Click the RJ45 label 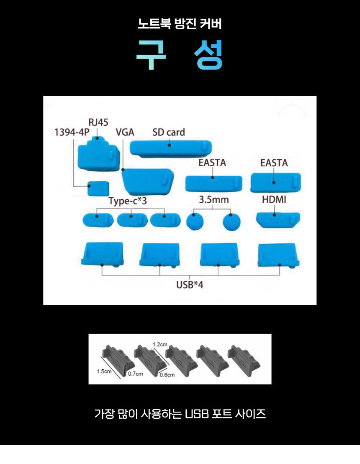coord(98,122)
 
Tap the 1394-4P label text coord(72,132)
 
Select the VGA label coord(125,132)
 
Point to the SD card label coord(169,132)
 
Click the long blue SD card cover coord(171,148)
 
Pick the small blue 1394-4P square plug coord(98,188)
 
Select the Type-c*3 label coord(128,201)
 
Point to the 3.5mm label coord(213,199)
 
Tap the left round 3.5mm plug coord(195,222)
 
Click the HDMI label coord(274,199)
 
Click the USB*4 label coord(190,285)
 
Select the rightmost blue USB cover coord(278,255)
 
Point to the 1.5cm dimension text coord(104,371)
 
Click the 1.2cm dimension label coord(160,345)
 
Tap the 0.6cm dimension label coord(167,375)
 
